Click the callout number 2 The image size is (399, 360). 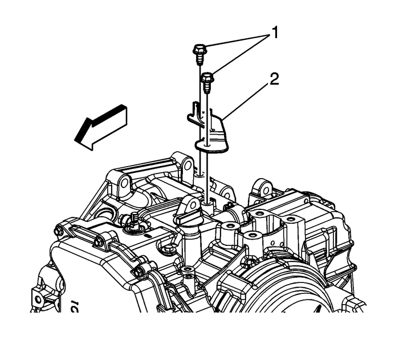click(274, 79)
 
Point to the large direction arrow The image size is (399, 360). click(101, 128)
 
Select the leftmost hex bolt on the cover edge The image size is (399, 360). click(59, 232)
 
